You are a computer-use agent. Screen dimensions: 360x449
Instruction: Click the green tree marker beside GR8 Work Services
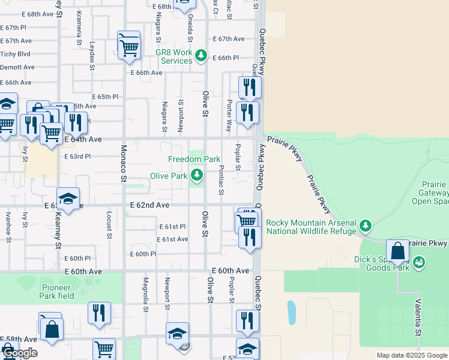pos(201,56)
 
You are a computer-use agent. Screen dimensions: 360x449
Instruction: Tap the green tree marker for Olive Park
pos(196,175)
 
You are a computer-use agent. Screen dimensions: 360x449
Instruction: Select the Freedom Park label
pos(194,159)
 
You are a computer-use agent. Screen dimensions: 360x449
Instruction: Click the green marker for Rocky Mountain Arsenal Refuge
pos(366,226)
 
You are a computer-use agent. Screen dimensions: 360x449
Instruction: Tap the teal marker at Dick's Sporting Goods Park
pos(419,262)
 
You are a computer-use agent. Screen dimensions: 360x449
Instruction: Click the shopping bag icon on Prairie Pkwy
pos(398,251)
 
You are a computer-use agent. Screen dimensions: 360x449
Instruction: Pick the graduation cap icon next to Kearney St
pos(68,199)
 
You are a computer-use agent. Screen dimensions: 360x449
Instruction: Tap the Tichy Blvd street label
pos(16,53)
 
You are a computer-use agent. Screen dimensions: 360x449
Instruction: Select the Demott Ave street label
pos(17,68)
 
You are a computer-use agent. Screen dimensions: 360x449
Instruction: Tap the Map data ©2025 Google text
pos(412,355)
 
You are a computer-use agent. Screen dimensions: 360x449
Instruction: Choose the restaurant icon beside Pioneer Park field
pos(99,313)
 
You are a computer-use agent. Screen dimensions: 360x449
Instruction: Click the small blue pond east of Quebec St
pos(292,311)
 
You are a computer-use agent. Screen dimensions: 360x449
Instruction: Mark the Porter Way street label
pos(229,116)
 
